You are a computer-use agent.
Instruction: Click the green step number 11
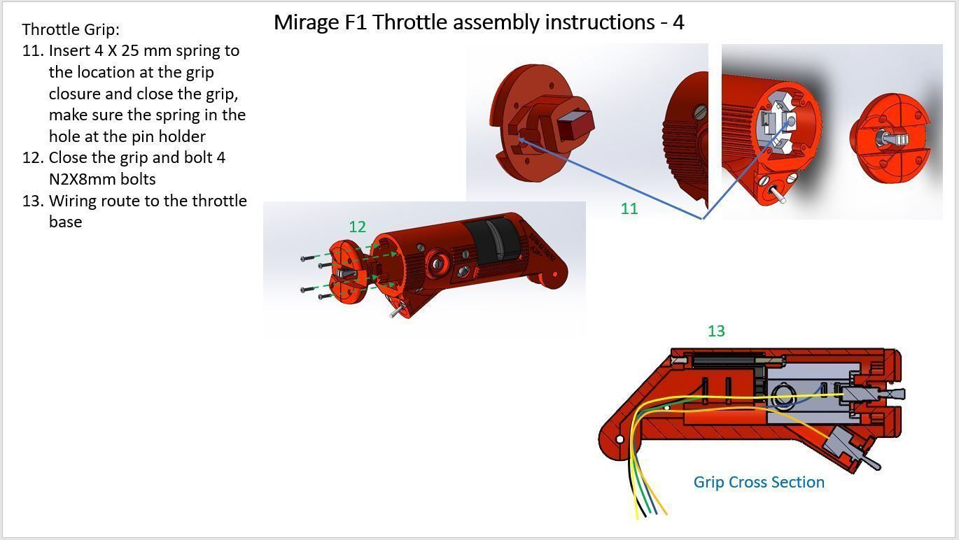(x=629, y=208)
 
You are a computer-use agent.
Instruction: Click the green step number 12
(x=357, y=227)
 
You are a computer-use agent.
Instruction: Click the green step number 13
(x=715, y=331)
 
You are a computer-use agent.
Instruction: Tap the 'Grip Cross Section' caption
(x=758, y=482)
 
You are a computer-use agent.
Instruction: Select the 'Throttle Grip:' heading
(x=71, y=29)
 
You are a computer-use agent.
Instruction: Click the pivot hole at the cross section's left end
(x=619, y=439)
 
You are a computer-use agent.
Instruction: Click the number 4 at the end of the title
(x=678, y=22)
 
